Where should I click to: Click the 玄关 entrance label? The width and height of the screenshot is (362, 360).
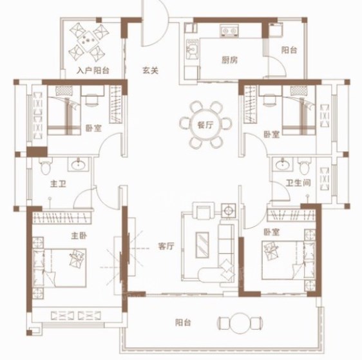(x=150, y=70)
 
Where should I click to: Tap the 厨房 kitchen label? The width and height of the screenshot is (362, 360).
(x=229, y=61)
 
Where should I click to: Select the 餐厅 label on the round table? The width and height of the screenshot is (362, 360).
(x=205, y=125)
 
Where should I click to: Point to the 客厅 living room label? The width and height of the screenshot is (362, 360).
(x=166, y=246)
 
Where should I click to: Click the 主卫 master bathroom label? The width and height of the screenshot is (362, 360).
(x=58, y=184)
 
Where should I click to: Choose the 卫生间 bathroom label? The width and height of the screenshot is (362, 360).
(x=298, y=183)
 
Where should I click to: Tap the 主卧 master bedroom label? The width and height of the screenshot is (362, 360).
(x=79, y=236)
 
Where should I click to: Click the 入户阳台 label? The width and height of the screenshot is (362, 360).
(x=93, y=70)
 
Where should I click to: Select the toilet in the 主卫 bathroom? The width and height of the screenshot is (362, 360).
(x=46, y=166)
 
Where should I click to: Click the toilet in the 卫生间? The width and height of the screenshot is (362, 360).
(x=305, y=166)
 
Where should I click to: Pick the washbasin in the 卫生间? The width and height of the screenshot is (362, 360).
(x=282, y=164)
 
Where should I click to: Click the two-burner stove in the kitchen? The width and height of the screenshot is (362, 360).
(x=229, y=31)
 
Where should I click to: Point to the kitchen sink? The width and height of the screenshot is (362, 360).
(x=192, y=49)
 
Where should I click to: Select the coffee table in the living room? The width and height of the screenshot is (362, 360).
(x=202, y=245)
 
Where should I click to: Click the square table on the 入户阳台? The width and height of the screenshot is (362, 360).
(x=87, y=41)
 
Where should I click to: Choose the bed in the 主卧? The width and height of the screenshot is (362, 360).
(x=59, y=268)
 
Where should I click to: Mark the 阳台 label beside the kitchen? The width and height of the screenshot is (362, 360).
(x=289, y=50)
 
